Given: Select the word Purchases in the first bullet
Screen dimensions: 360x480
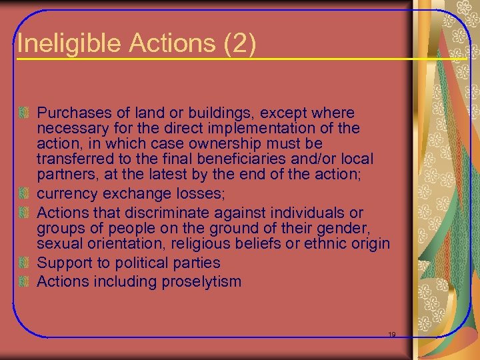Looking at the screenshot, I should (x=71, y=113).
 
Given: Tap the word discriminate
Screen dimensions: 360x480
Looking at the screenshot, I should (x=163, y=213).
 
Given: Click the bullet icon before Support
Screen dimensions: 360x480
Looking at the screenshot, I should (x=25, y=263).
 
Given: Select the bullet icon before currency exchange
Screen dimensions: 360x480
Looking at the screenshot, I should (x=25, y=194).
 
